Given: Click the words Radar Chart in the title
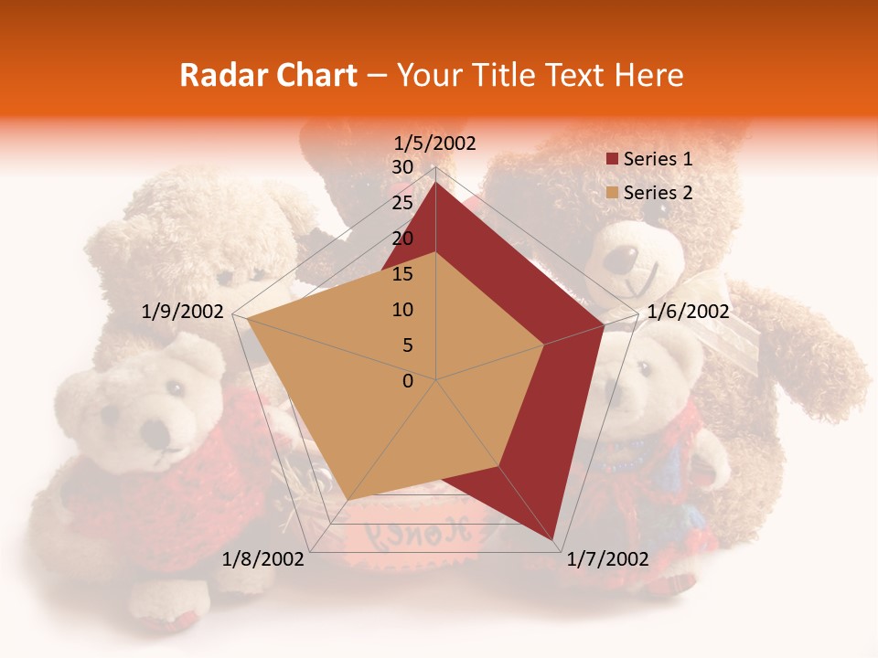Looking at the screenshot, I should (268, 76).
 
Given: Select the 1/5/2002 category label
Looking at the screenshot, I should (435, 143).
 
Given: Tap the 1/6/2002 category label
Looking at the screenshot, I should (688, 312).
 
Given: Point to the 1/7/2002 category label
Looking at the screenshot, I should (608, 559).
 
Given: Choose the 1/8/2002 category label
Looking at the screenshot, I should (262, 559).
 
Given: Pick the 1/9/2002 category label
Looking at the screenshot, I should (183, 312).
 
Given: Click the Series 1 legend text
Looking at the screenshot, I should (658, 159).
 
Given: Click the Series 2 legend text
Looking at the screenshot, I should (658, 193).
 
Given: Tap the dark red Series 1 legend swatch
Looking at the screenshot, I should (612, 160).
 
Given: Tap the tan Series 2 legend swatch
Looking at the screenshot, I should (612, 194).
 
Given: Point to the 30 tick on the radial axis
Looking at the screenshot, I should (402, 167).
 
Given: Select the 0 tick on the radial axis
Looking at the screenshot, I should (408, 381).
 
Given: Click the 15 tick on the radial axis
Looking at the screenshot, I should (402, 274).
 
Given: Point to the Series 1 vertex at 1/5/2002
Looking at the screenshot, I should (435, 183).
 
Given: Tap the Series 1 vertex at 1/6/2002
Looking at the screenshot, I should (605, 324).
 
